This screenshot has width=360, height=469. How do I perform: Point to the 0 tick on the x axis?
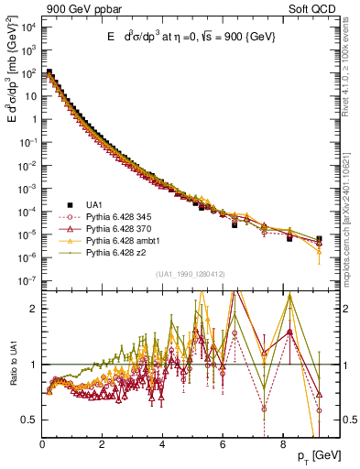pyautogui.click(x=42, y=442)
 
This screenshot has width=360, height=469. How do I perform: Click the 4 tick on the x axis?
pyautogui.click(x=162, y=442)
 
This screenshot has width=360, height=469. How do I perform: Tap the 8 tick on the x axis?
pyautogui.click(x=282, y=442)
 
